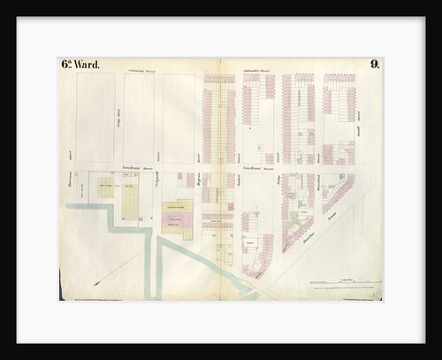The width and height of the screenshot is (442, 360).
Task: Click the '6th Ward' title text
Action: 80,65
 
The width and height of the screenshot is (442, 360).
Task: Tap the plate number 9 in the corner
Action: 375,65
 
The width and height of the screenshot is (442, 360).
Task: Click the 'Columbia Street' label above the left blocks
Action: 141,69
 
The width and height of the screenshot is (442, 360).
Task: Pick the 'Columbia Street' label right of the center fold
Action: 261,69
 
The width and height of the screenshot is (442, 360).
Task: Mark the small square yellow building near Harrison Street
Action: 105,188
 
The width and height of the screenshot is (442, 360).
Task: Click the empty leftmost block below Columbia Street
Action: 95,117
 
